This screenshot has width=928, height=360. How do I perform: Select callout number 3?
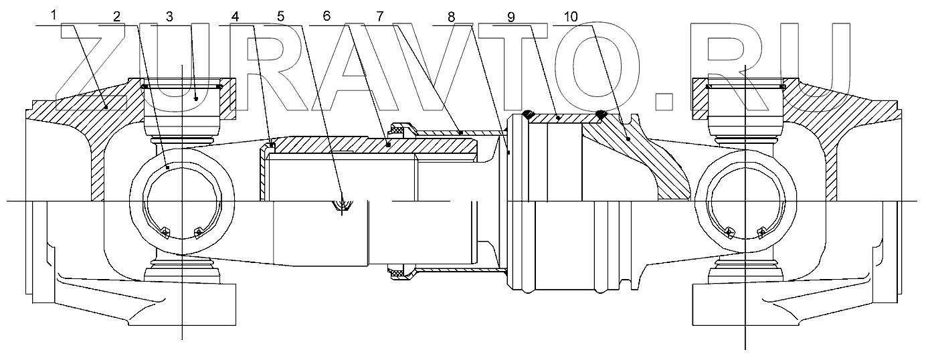pos(169,16)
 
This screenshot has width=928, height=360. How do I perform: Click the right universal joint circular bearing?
pos(745,201)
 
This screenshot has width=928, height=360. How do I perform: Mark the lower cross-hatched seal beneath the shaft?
pos(400,272)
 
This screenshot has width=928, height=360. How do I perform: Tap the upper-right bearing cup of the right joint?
pos(745,107)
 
